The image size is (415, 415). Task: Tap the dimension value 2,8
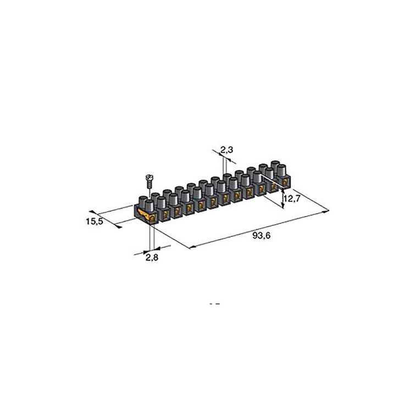(152, 257)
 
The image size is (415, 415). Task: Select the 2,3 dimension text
(226, 149)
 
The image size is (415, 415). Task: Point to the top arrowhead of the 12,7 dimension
(283, 187)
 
